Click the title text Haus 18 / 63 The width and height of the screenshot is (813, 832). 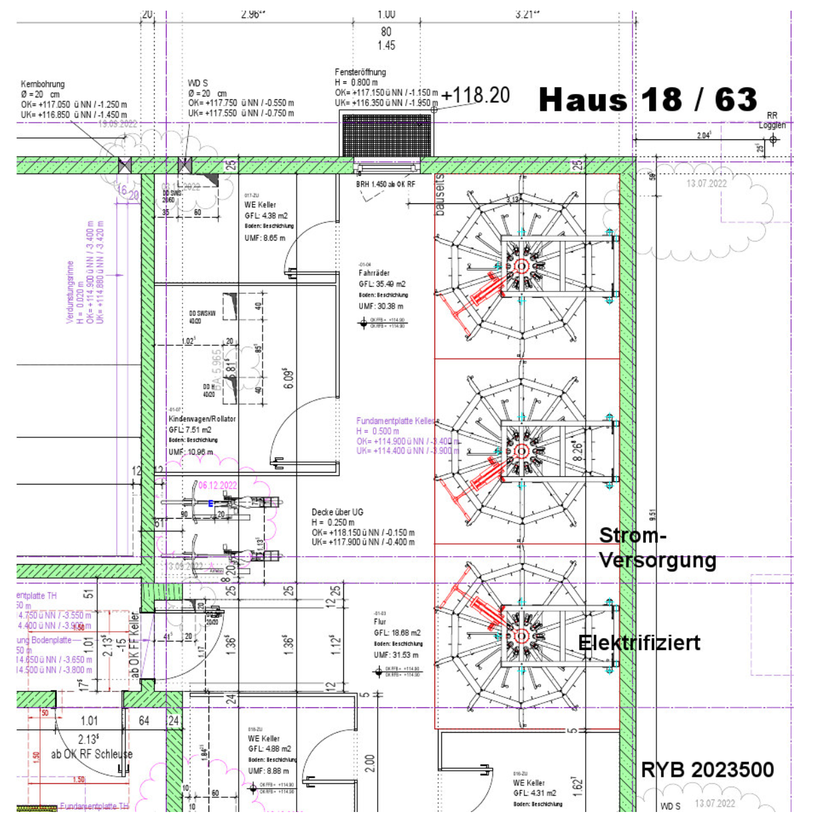[648, 100]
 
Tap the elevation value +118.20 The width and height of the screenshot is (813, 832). [475, 95]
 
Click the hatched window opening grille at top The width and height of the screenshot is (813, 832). [387, 135]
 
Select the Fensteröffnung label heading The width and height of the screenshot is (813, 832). [360, 72]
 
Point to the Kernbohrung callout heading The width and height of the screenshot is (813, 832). [43, 84]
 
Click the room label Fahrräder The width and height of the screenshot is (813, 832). [374, 273]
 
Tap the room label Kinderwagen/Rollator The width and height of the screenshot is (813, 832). [202, 419]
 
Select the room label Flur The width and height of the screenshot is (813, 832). [380, 621]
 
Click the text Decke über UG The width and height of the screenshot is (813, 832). [337, 512]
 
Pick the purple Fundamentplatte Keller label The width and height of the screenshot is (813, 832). [395, 421]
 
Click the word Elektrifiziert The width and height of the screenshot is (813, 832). [639, 643]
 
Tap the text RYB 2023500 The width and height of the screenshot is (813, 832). [707, 770]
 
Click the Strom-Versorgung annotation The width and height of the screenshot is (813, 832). [656, 547]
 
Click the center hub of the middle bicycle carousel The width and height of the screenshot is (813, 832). [521, 451]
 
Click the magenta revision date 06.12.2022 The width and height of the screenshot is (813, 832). [217, 485]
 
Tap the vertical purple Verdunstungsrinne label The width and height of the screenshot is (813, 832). [70, 292]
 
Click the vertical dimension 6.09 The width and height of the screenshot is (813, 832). [289, 379]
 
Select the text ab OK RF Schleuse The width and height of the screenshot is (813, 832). [91, 754]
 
